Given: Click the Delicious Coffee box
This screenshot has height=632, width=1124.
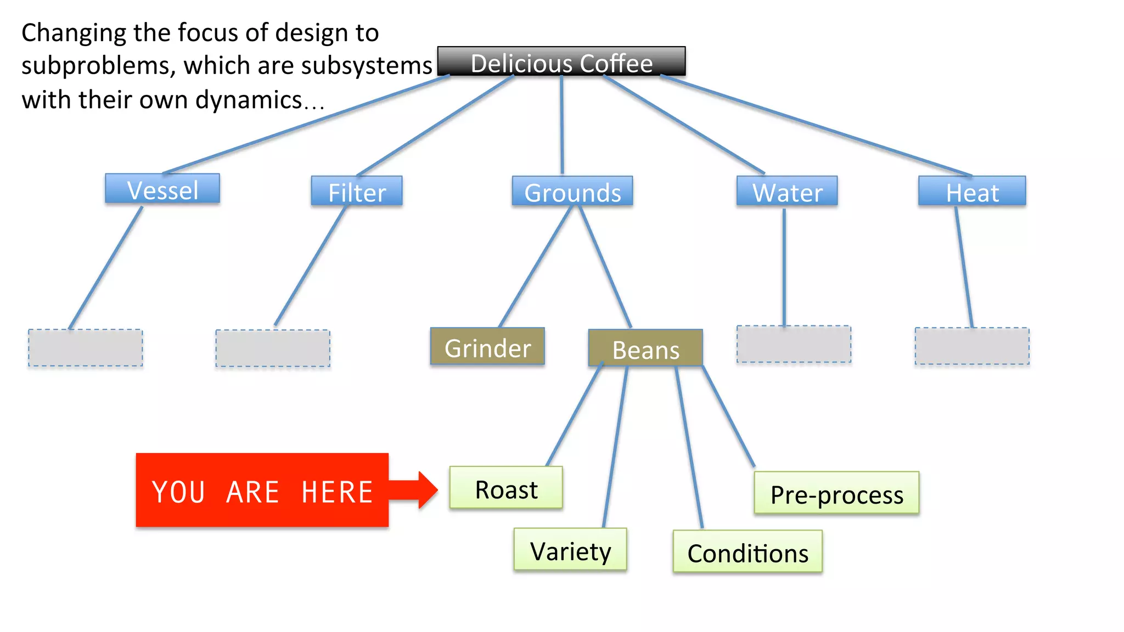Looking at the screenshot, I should click(x=561, y=61).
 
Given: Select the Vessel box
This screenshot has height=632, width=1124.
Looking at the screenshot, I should click(x=162, y=189).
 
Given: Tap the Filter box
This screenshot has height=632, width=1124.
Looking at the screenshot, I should click(x=357, y=191).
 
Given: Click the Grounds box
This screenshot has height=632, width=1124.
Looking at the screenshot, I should click(x=572, y=191).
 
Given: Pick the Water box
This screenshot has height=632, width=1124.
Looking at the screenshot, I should click(x=787, y=191).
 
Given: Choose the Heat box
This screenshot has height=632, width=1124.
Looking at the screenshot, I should click(x=972, y=191).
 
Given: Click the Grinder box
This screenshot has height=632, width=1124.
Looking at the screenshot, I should click(x=487, y=347).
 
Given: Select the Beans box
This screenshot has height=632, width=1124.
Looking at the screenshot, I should click(x=645, y=348).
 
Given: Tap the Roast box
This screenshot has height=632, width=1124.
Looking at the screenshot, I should click(x=506, y=488).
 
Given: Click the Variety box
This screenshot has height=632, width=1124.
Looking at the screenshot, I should click(x=570, y=550).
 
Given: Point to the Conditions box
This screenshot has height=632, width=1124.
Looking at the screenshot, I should click(x=748, y=552).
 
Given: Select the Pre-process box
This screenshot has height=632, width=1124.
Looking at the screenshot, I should click(x=836, y=493).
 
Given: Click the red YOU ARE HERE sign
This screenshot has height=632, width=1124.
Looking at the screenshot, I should click(x=262, y=490).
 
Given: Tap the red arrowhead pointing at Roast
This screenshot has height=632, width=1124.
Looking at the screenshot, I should click(x=427, y=490).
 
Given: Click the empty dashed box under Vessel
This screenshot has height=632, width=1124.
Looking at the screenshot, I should click(x=86, y=348).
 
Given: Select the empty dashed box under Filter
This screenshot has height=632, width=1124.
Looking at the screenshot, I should click(x=273, y=348).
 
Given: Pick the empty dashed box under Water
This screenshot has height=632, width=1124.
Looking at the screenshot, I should click(x=794, y=344).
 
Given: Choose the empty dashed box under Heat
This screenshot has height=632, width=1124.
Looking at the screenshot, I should click(x=972, y=346).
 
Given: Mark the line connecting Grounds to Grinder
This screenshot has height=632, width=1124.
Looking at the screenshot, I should click(x=535, y=267).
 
